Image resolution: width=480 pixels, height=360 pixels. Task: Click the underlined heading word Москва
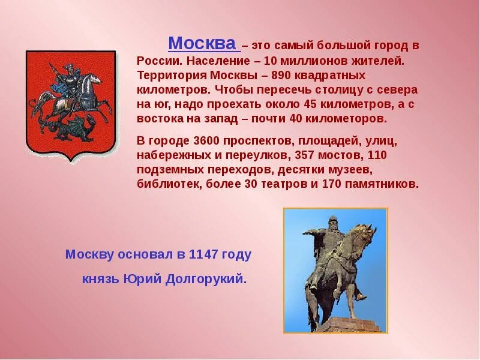coord(202,44)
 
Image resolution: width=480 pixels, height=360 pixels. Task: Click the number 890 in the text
coord(283,76)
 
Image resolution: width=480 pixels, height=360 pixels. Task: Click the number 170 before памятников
coord(331,184)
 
